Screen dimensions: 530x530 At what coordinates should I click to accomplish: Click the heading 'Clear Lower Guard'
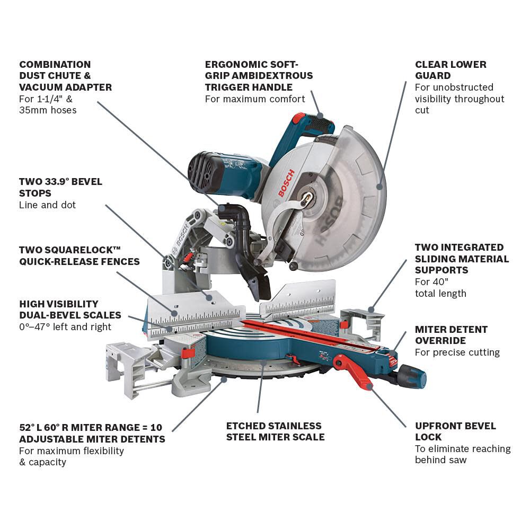click(450, 70)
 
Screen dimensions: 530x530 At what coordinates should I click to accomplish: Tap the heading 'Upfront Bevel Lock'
click(455, 431)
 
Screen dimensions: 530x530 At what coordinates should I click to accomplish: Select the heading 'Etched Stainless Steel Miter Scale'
click(275, 431)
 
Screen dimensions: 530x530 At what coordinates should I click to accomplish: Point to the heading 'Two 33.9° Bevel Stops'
click(60, 187)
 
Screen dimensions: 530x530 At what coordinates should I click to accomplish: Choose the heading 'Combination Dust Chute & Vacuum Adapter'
click(65, 76)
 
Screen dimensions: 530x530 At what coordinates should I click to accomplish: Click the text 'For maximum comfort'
click(255, 99)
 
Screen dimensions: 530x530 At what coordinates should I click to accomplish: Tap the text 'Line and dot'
click(48, 205)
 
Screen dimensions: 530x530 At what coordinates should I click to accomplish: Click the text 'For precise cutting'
click(457, 352)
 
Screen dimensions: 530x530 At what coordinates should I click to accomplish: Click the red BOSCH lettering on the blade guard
click(286, 183)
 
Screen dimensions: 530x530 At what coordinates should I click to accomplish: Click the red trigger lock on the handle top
click(299, 118)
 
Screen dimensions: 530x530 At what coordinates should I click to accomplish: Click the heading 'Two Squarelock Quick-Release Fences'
click(79, 255)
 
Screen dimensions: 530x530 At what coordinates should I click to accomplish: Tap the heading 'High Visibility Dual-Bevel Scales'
click(70, 310)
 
